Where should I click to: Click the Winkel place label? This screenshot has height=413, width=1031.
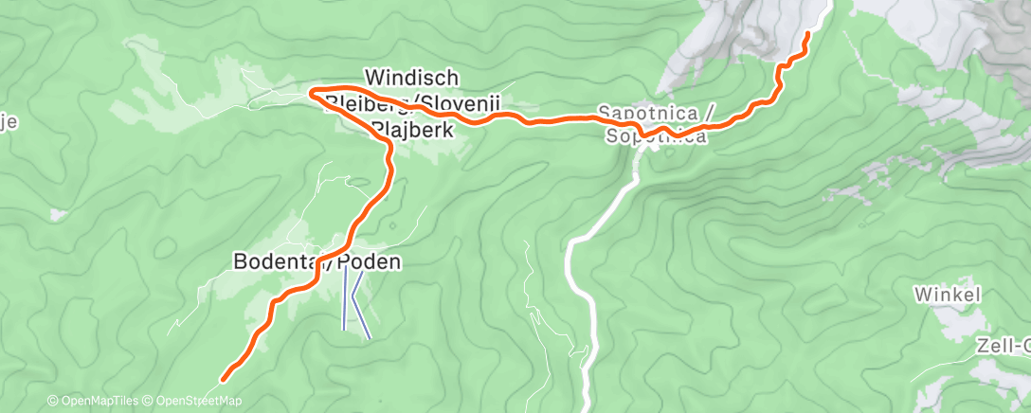click(947, 295)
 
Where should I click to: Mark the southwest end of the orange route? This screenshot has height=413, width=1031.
click(225, 379)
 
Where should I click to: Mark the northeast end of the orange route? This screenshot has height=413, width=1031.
click(807, 34)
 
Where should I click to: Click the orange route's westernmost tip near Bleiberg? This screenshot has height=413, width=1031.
click(311, 91)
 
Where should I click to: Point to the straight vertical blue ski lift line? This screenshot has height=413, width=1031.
click(344, 298)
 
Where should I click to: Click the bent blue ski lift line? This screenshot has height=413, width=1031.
click(359, 303)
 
